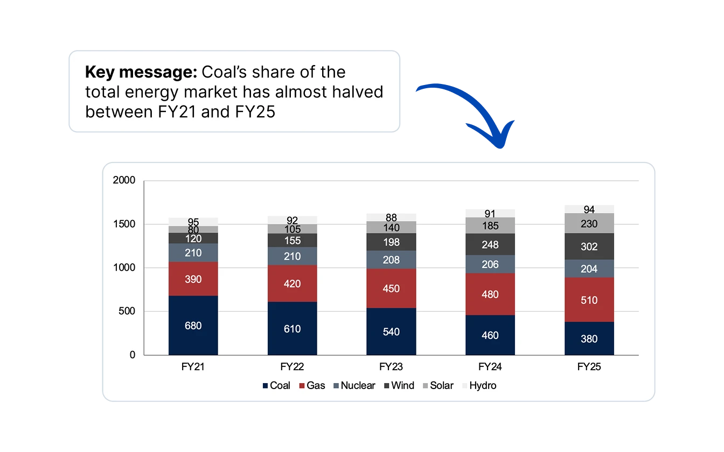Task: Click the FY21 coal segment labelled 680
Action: click(193, 325)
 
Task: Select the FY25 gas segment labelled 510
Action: click(589, 300)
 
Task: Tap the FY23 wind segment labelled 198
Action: click(391, 242)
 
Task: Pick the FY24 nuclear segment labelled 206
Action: click(490, 264)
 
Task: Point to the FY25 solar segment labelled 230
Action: click(589, 223)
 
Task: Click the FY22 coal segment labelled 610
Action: click(292, 328)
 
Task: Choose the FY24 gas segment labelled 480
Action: click(490, 294)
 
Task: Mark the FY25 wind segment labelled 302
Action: click(589, 246)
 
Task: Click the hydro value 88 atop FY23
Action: click(391, 217)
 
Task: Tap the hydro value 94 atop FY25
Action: click(589, 209)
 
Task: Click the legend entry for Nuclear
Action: click(354, 385)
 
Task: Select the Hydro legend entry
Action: click(479, 385)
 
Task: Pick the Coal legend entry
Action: click(276, 385)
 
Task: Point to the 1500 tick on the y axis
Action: click(124, 224)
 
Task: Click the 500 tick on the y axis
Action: click(127, 311)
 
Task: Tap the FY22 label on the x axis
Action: click(292, 367)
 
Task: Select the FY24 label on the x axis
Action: click(490, 367)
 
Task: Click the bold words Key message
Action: click(141, 72)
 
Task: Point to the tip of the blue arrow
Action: click(500, 148)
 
